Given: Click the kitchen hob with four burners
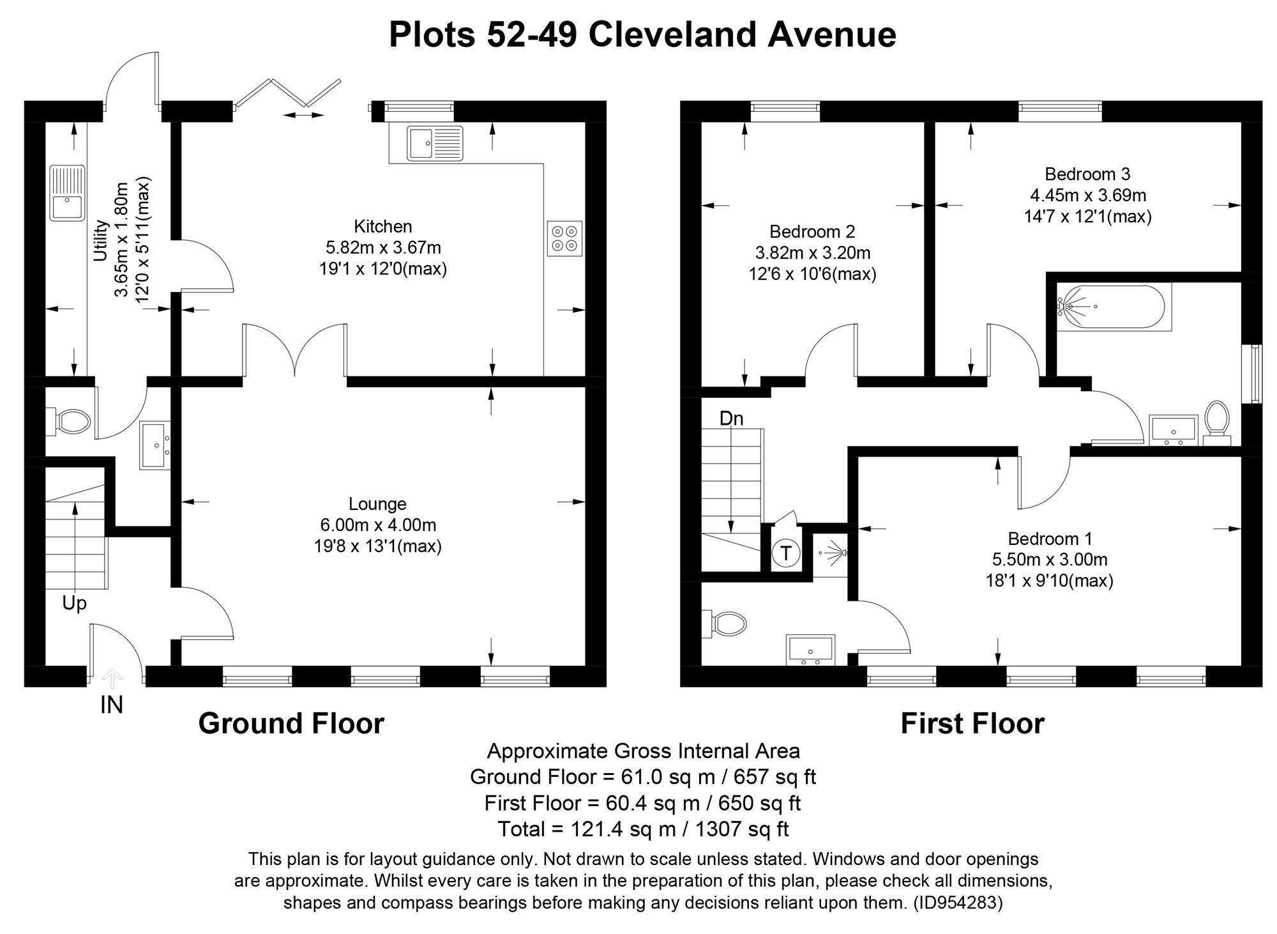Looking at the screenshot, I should [564, 238].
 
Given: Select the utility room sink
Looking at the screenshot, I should [67, 192].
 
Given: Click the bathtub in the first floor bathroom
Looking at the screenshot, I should [1114, 307].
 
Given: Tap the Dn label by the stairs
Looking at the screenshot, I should [731, 419].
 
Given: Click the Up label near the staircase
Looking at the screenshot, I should [74, 603].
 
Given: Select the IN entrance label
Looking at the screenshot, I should [112, 705].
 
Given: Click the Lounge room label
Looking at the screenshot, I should [377, 504].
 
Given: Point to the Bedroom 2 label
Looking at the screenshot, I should [812, 231].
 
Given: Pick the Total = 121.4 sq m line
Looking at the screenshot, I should [643, 829].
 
